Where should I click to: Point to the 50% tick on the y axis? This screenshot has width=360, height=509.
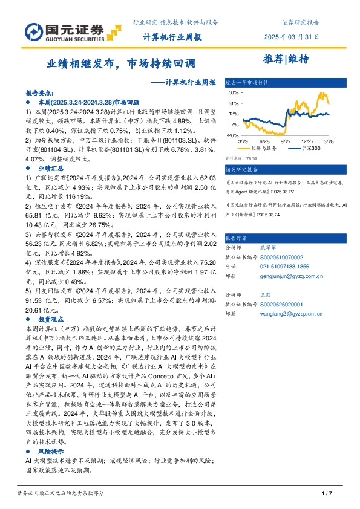point(234,93)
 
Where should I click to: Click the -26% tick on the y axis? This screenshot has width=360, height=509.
point(233,135)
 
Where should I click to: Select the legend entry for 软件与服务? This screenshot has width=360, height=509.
point(261,148)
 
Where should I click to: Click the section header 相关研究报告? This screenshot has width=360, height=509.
point(241,170)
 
